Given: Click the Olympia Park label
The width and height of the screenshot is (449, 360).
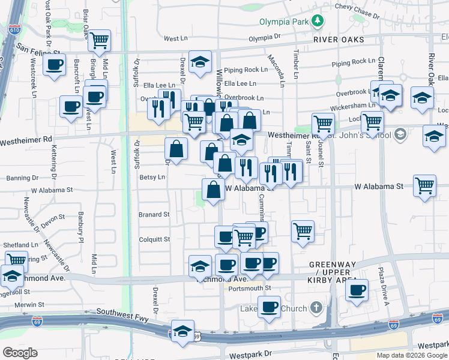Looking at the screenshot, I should (x=284, y=22).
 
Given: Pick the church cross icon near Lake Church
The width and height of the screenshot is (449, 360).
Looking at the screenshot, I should (x=316, y=308).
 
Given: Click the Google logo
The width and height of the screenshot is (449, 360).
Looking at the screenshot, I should (x=20, y=353).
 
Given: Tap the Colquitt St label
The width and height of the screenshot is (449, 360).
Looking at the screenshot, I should (x=154, y=239).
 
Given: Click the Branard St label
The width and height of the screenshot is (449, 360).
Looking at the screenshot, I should (x=154, y=214).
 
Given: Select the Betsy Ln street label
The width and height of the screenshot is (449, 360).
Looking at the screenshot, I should (x=152, y=178).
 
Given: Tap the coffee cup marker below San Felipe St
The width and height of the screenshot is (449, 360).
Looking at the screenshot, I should (x=54, y=64).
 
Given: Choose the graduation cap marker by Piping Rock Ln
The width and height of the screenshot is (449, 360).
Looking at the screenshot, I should (x=200, y=61).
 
